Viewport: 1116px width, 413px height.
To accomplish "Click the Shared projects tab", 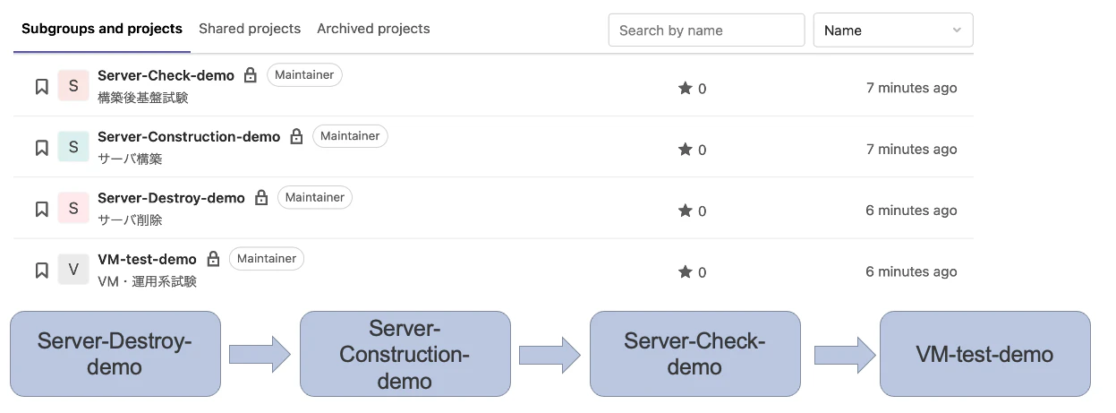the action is point(250,29).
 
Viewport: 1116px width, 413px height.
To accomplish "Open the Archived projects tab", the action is point(373,29).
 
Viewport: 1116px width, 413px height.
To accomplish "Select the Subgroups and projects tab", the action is point(102,29).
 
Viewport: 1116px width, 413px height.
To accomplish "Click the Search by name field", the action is point(706,30).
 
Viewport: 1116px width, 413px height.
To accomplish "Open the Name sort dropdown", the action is point(893,30).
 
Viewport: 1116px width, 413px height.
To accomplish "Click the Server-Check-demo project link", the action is point(166,75).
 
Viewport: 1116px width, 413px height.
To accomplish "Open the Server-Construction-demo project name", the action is point(189,137).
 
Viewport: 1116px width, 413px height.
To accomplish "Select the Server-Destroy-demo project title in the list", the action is point(171,198).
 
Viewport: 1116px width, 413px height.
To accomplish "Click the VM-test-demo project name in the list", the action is point(147,260).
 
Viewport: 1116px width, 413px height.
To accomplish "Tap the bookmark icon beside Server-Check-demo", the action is point(42,87).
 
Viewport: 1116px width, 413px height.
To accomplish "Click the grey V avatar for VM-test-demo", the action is point(73,270).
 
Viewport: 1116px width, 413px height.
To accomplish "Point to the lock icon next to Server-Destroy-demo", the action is point(261,197).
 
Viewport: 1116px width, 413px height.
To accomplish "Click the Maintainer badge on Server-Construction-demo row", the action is point(350,136).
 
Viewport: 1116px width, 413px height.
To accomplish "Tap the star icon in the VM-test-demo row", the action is point(685,271).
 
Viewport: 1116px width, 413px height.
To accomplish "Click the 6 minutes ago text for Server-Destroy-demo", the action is point(911,211).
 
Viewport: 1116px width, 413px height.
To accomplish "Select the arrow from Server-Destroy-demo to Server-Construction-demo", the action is point(260,355).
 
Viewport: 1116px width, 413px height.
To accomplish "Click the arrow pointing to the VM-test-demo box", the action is point(845,355).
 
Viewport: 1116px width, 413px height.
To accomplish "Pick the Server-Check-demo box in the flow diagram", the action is point(695,354).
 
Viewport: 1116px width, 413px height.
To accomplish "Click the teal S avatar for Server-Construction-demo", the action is point(73,147).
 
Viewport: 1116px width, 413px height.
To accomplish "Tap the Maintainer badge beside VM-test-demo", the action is point(267,259).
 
